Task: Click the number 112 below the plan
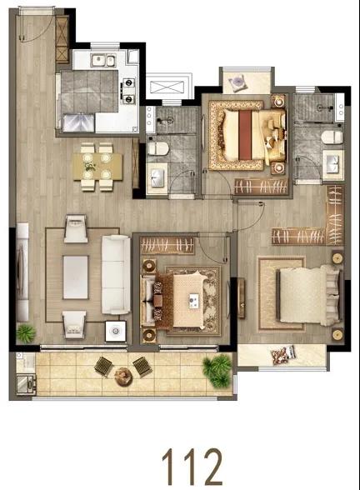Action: [192, 467]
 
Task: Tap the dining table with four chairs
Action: [97, 167]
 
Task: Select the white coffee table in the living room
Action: [76, 277]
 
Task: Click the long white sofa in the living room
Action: [116, 275]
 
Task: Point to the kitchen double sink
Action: [102, 60]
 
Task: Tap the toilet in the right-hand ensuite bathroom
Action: [332, 137]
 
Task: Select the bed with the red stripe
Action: [247, 135]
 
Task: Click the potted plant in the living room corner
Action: [27, 332]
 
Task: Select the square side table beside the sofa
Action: [116, 331]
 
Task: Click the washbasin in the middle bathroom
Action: [157, 177]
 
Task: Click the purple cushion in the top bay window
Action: [237, 83]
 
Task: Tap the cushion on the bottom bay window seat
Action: [282, 355]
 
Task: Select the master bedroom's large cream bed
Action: [307, 295]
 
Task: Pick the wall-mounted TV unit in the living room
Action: [22, 272]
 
